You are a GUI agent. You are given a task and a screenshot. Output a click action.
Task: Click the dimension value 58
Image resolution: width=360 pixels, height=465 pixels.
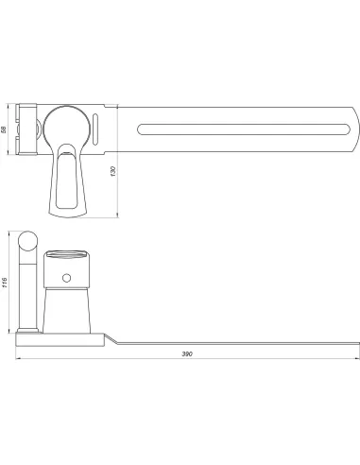(4, 129)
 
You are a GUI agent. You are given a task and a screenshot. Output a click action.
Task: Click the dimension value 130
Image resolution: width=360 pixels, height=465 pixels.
(113, 171)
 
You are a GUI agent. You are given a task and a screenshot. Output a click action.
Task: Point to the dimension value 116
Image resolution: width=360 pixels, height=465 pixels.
(4, 283)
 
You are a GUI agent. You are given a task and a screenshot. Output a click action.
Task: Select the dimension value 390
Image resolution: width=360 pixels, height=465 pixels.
(187, 353)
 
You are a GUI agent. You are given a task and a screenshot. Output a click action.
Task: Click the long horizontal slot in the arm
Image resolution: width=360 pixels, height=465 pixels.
(244, 129)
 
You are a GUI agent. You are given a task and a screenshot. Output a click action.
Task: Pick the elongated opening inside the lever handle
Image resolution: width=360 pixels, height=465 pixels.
(67, 181)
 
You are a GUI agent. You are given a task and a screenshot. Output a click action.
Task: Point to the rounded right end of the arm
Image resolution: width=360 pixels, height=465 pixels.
(355, 129)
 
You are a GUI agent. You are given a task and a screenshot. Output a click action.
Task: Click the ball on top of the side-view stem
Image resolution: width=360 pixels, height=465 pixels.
(27, 241)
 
